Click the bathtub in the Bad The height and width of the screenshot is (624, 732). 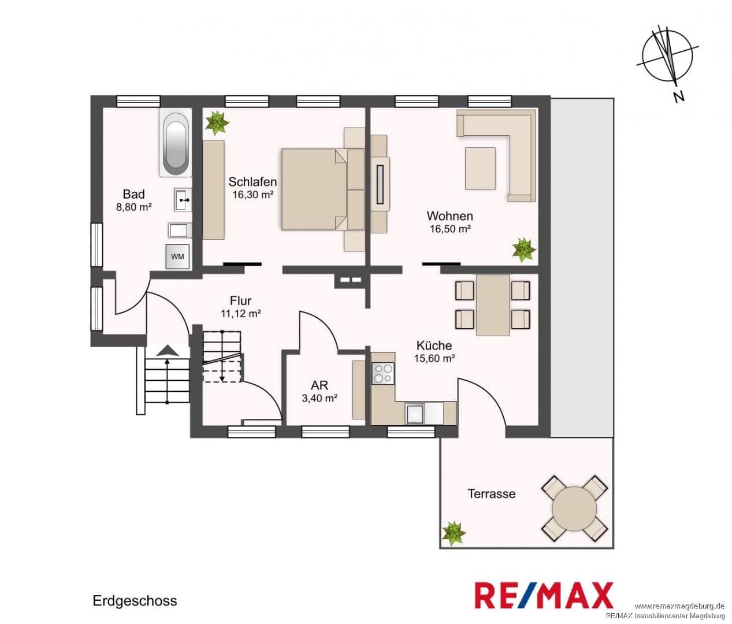pos(176,142)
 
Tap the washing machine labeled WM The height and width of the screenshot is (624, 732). pos(178,257)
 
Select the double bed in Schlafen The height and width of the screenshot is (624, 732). pos(313,190)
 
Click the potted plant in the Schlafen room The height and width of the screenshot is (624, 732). pos(217,122)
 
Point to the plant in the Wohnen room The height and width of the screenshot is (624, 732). pos(524,250)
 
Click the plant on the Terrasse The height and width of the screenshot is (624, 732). pos(454,533)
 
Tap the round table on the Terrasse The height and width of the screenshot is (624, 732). pos(574,508)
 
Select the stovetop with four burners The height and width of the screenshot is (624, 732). pos(383,374)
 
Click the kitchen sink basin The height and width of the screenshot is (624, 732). pos(415,414)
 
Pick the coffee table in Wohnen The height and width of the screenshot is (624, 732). pos(481,169)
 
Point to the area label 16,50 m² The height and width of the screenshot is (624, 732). pos(450,229)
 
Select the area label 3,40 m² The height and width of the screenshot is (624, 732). pos(319,399)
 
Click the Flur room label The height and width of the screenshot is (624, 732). pos(241,300)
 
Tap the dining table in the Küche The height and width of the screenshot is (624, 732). pos(493,304)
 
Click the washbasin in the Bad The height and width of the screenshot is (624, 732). pos(183,200)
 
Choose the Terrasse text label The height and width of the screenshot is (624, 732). pos(492,493)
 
